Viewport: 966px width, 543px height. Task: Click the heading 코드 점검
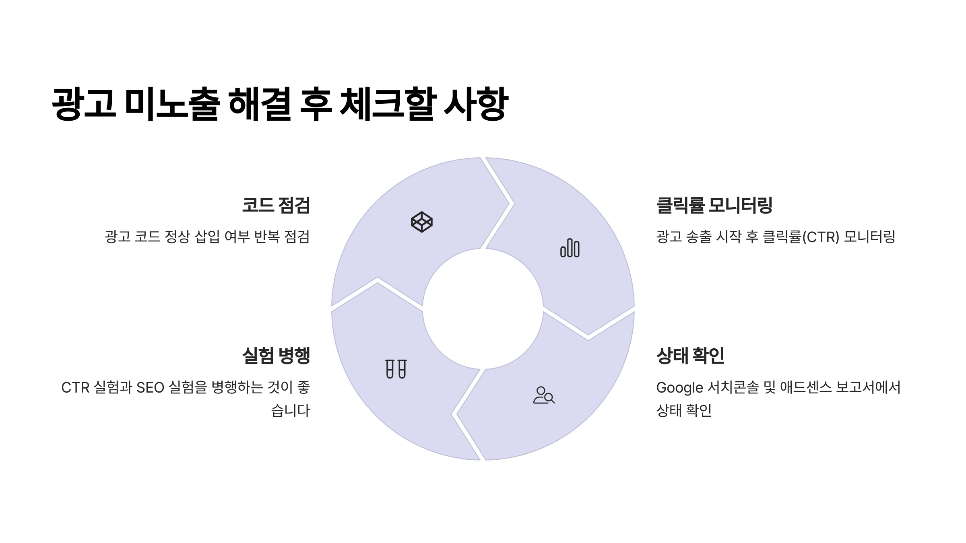(x=276, y=205)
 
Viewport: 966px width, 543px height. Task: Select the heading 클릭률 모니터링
(x=714, y=205)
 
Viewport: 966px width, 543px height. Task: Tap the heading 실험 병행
(x=276, y=356)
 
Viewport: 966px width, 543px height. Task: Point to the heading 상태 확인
(x=690, y=356)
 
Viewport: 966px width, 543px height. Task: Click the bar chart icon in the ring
(x=570, y=248)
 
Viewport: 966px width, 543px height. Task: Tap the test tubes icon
(x=396, y=369)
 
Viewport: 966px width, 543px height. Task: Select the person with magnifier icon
(x=544, y=395)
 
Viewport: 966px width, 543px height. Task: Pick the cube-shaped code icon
(x=421, y=222)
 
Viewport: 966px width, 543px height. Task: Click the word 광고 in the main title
(x=84, y=103)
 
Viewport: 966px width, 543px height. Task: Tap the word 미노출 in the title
(x=172, y=103)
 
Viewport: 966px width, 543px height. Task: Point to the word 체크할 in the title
(x=388, y=103)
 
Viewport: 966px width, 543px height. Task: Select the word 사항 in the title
(x=476, y=103)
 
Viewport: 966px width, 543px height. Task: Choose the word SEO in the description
(x=150, y=388)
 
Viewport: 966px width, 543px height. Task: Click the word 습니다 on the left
(x=290, y=411)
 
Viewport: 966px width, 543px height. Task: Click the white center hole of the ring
(x=483, y=309)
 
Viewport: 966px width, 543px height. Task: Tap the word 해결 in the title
(x=259, y=103)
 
